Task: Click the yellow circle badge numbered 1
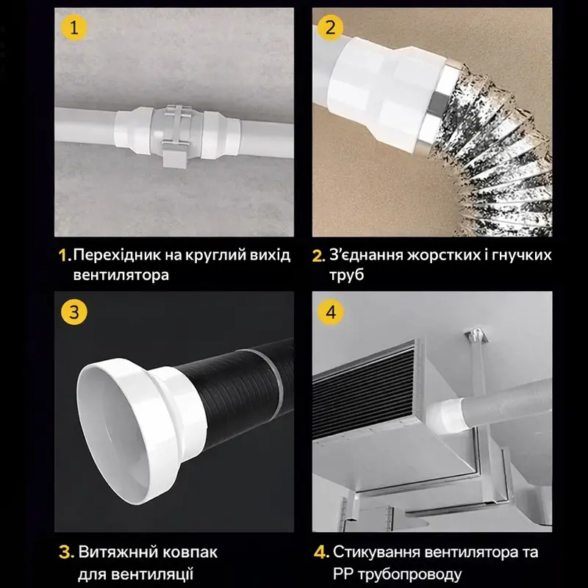point(74,28)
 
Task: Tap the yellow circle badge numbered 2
point(330,27)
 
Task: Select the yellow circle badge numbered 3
point(74,312)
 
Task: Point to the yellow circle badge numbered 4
point(331,312)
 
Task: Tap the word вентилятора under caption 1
point(121,275)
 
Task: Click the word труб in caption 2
point(346,276)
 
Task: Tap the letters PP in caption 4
point(343,574)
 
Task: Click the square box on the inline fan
point(175,154)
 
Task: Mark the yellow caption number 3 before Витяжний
point(66,553)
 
